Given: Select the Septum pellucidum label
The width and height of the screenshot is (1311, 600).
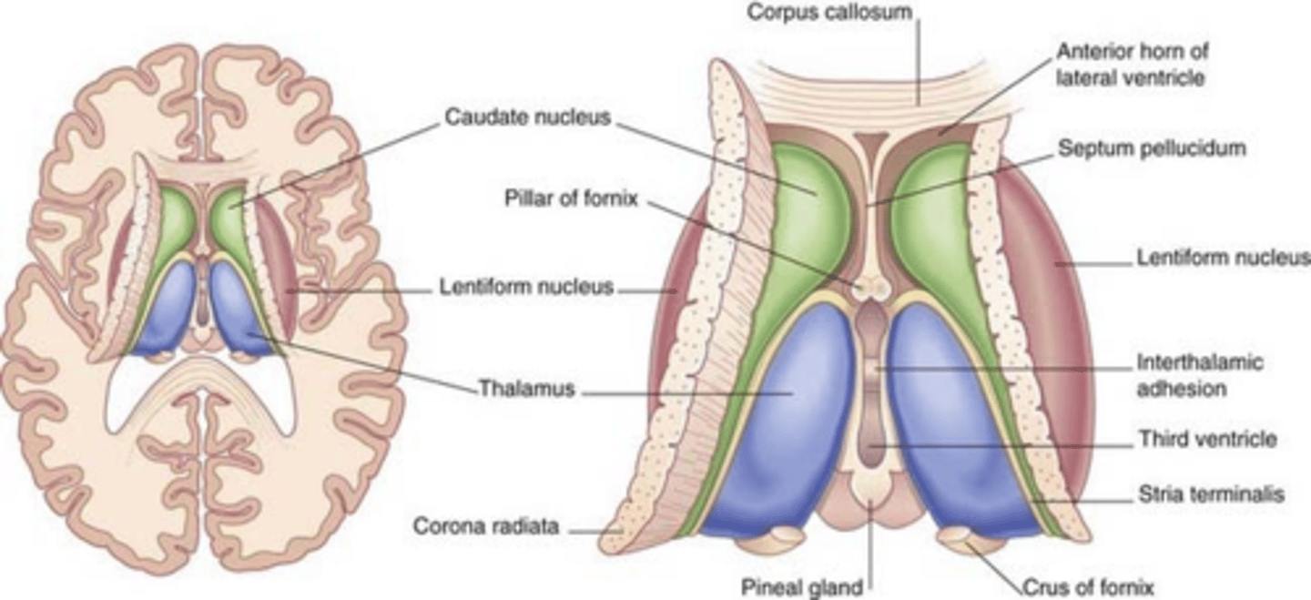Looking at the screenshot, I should [x=1151, y=147].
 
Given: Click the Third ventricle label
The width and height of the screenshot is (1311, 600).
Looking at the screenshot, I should [x=1206, y=440].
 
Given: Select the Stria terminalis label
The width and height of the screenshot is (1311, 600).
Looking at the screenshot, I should [x=1211, y=494].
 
